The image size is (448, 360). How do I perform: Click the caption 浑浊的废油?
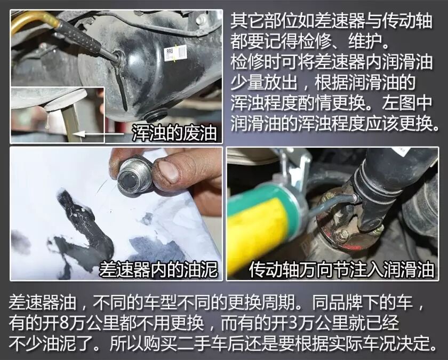[x=174, y=133]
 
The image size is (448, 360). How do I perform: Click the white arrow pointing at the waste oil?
[x=98, y=134]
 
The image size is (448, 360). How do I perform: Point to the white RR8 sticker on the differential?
[x=175, y=53]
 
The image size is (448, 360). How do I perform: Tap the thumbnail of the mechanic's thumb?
[x=169, y=171]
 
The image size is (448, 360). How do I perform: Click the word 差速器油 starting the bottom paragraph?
[x=42, y=302]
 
